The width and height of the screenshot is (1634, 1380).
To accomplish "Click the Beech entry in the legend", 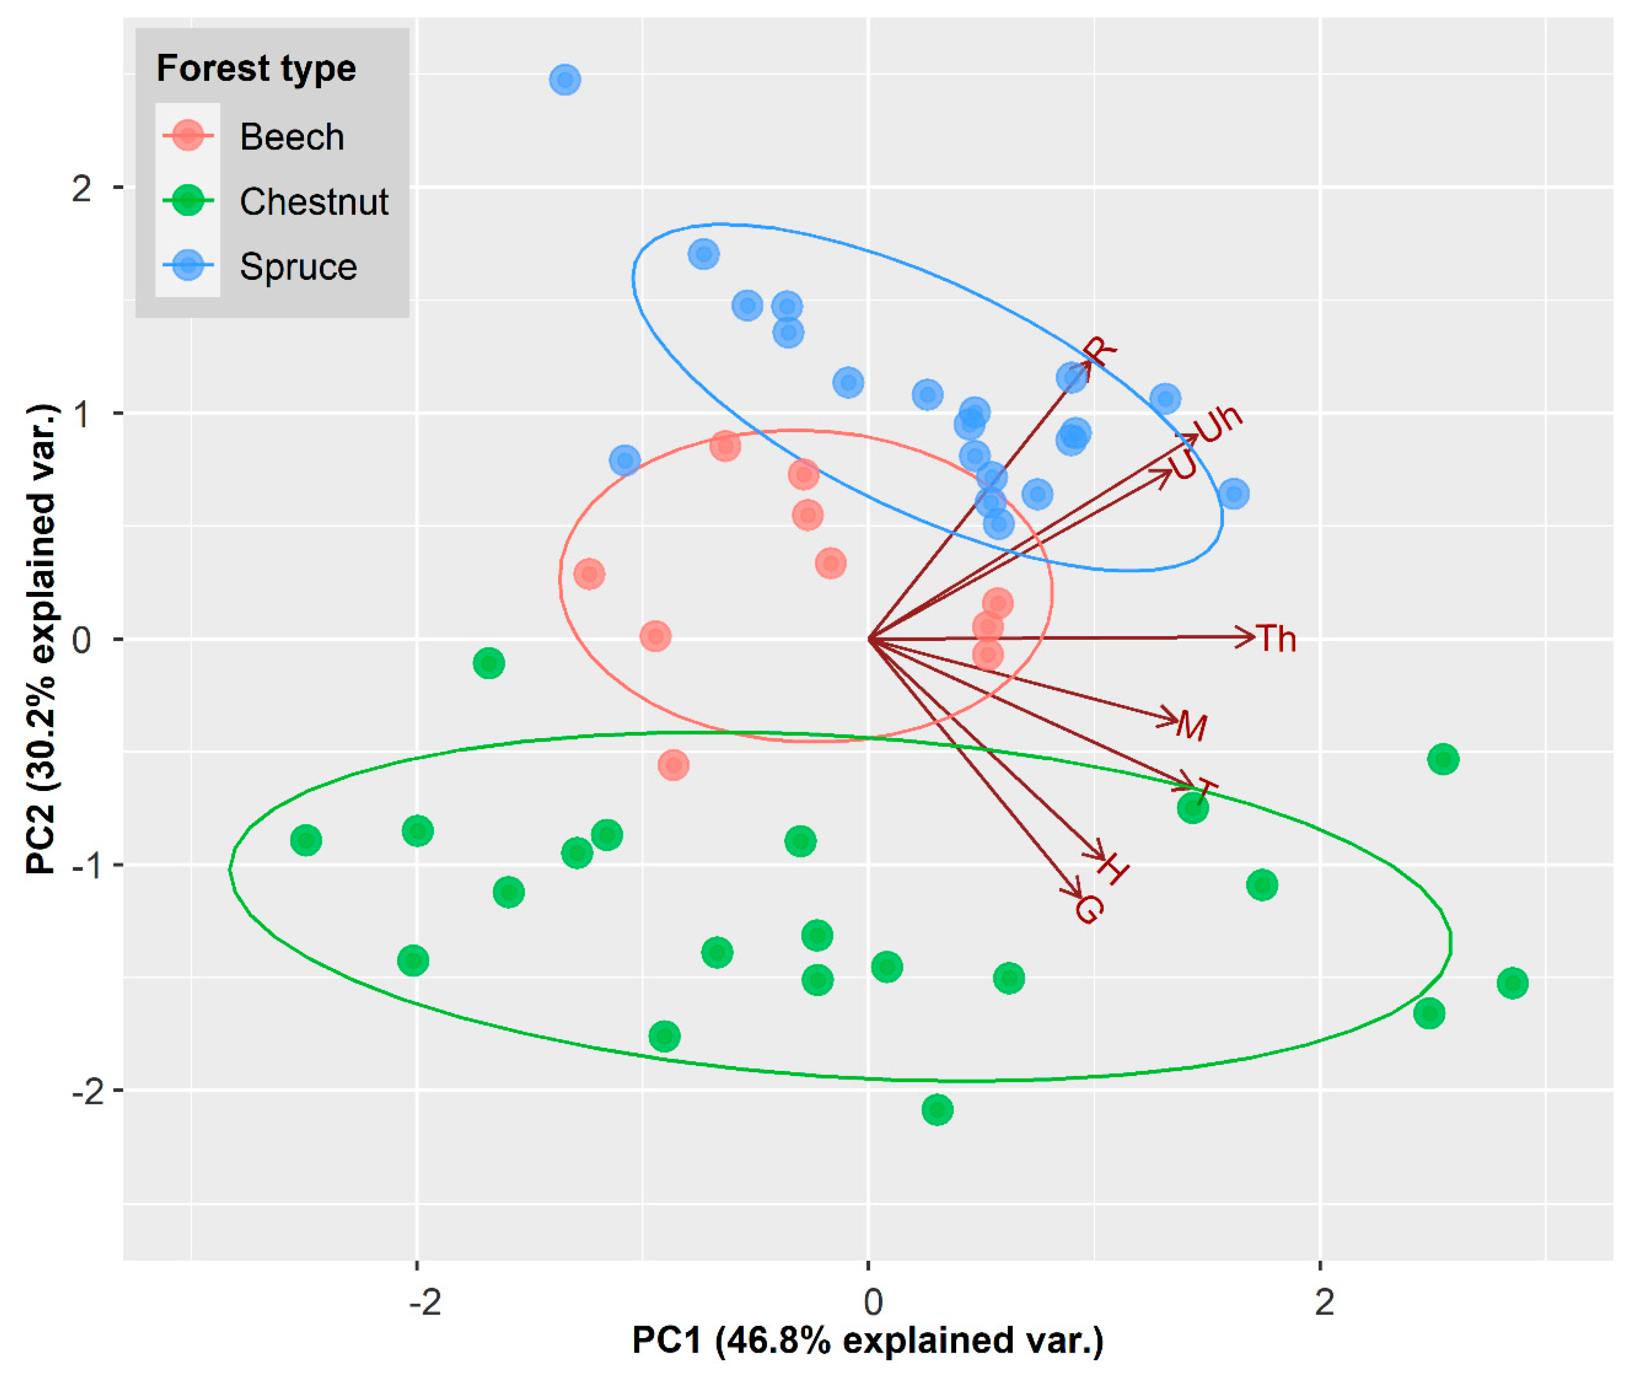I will (291, 137).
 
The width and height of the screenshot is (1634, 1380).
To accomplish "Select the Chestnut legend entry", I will (313, 202).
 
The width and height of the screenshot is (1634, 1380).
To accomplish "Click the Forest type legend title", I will (256, 68).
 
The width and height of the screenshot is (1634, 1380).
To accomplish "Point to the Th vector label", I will (1276, 639).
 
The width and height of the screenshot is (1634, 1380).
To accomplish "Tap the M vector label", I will (1191, 726).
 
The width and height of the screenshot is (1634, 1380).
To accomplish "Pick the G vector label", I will (1089, 909).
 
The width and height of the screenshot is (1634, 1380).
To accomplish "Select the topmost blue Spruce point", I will (565, 80).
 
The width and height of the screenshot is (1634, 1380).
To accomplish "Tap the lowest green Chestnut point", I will (937, 1109).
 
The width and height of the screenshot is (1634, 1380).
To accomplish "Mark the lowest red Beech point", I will (673, 765).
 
